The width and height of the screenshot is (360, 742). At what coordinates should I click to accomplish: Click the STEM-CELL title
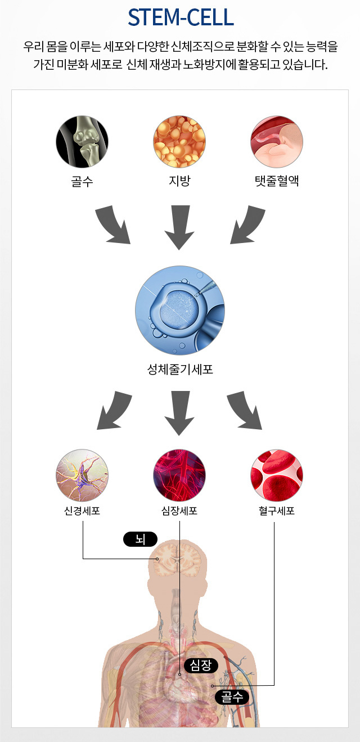[180, 18]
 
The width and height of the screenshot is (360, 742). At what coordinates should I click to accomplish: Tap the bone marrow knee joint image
[82, 141]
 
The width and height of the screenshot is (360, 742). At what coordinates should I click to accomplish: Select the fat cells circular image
[179, 141]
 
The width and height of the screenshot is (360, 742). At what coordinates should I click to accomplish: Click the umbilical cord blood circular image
[277, 141]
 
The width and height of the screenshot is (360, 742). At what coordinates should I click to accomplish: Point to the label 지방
[179, 182]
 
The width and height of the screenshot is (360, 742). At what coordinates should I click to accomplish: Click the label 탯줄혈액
[277, 182]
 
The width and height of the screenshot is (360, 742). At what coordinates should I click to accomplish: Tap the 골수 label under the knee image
[82, 182]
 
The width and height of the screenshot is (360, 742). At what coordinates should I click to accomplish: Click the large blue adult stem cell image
[180, 311]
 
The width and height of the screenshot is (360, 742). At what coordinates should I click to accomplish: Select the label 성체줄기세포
[180, 370]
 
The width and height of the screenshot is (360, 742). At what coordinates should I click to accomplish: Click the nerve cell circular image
[82, 475]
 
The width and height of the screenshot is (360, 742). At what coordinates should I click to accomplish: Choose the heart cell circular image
[179, 475]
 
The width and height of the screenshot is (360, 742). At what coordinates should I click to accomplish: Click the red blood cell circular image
[277, 475]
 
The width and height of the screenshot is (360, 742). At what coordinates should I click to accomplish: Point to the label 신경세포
[82, 511]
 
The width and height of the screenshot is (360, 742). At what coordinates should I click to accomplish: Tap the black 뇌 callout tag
[140, 540]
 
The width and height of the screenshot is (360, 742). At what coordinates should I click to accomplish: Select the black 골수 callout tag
[232, 698]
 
